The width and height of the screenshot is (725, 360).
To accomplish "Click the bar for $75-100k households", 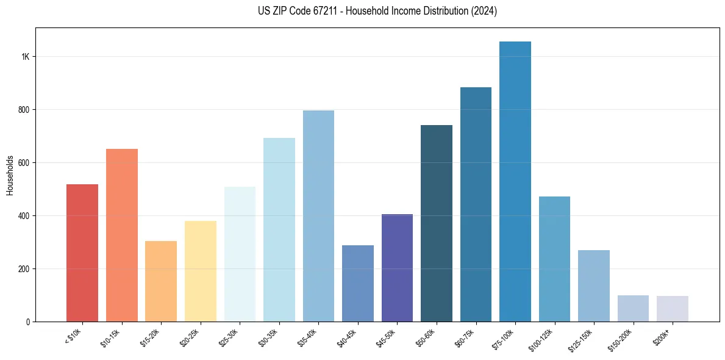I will (x=515, y=183).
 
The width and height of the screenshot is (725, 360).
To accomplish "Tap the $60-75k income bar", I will (x=476, y=204).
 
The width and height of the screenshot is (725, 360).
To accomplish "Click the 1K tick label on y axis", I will (x=26, y=57).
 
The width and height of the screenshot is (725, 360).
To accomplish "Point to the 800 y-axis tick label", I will (x=24, y=110).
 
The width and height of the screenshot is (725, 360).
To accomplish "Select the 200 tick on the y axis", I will (x=24, y=269).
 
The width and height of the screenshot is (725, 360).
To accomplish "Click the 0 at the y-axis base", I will (x=28, y=322).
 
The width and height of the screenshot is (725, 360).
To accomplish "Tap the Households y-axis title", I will (x=10, y=175).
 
